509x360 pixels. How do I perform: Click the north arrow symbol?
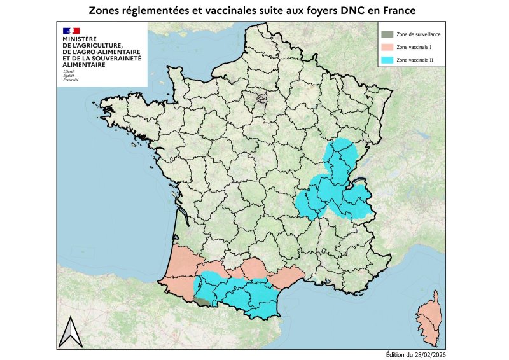71,333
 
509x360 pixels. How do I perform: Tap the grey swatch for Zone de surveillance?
386,34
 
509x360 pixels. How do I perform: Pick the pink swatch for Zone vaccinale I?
386,46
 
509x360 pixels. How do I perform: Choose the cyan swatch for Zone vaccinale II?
386,59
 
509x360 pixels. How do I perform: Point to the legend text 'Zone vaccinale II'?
415,59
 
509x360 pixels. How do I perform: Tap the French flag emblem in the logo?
71,30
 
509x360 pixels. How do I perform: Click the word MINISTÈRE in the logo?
80,38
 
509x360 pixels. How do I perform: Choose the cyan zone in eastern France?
334,184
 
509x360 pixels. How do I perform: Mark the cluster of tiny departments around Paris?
261,98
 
